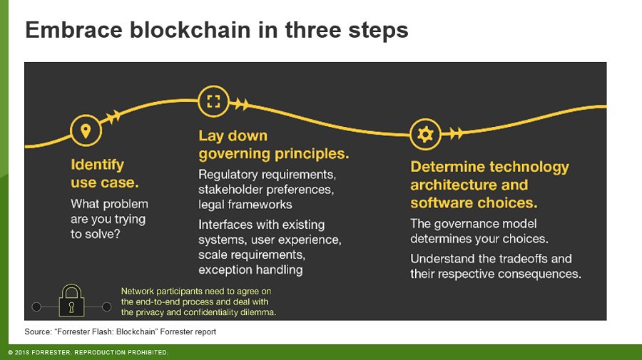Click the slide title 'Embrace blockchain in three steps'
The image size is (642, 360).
point(216,31)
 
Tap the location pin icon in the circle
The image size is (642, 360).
point(86,131)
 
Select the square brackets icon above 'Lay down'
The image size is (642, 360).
point(213,101)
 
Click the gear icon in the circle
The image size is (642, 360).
point(425,133)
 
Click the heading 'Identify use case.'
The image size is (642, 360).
point(98,173)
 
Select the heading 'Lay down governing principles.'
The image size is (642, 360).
point(273,145)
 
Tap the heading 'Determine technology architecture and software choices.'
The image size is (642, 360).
point(489,185)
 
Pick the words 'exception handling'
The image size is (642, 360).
point(250,269)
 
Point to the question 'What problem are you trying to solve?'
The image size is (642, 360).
point(109,219)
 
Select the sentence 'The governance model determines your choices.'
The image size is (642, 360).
point(479,231)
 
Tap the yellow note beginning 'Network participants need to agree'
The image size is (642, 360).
point(198,302)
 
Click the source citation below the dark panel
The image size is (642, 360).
point(120,332)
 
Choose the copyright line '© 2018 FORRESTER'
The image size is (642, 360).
point(88,352)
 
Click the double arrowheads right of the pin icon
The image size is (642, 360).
point(113,117)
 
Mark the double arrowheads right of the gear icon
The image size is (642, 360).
point(456,133)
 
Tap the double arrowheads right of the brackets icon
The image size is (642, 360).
point(241,105)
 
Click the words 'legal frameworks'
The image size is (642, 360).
point(245,205)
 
